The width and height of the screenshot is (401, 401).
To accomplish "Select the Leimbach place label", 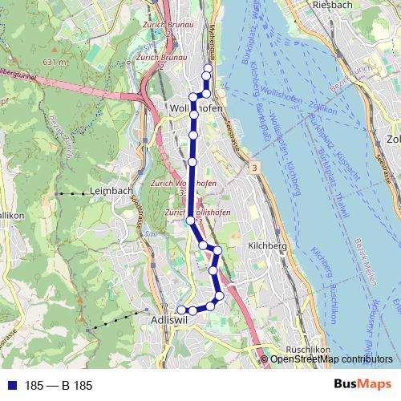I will (x=111, y=190).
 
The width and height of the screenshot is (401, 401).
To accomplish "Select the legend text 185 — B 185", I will (x=59, y=386).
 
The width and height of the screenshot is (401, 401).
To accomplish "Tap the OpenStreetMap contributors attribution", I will (x=333, y=359).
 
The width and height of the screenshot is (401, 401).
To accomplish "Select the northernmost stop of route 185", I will (x=209, y=68).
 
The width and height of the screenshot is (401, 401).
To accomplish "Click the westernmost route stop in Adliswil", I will (x=181, y=310).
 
